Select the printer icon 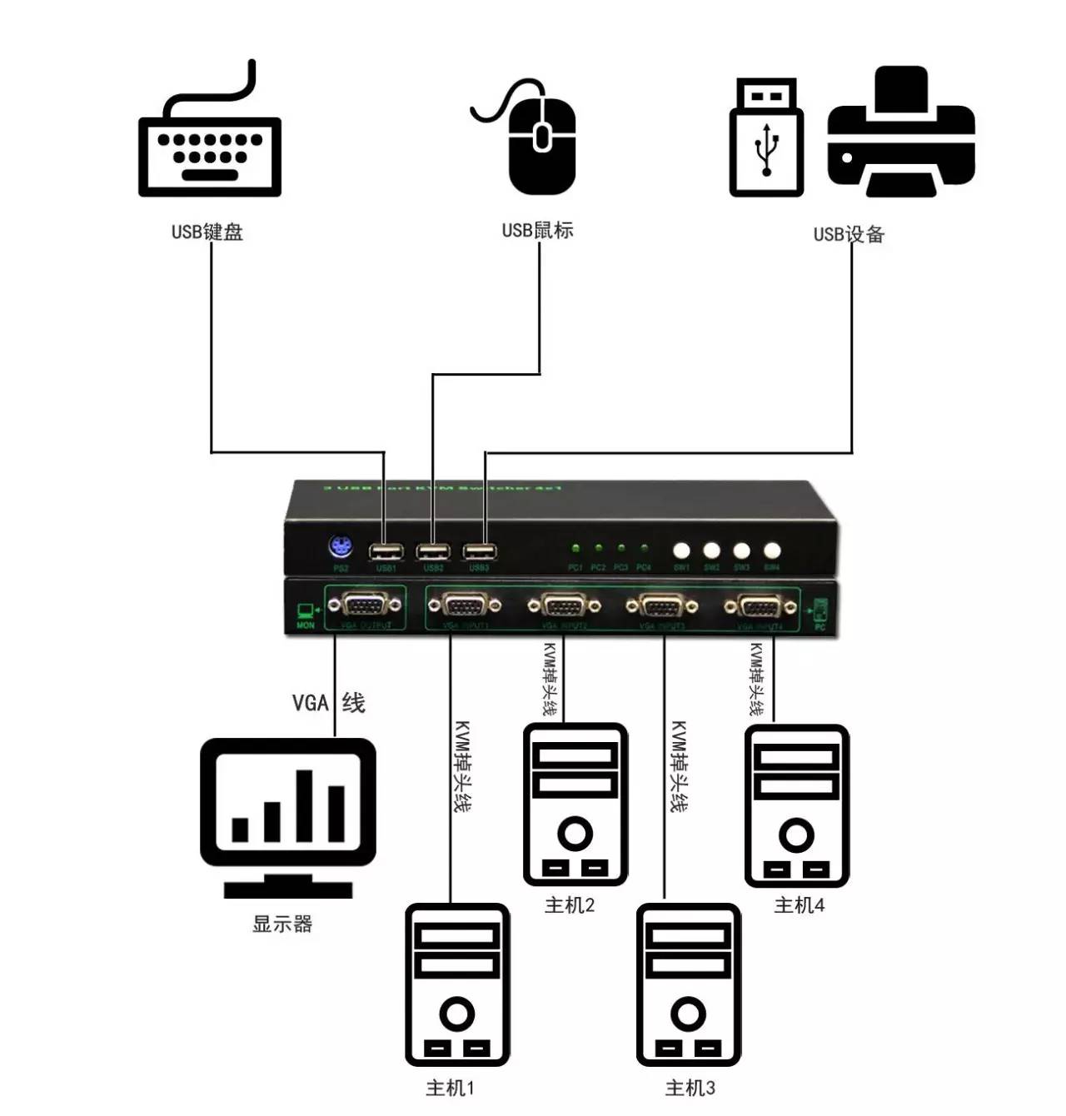pyautogui.click(x=901, y=133)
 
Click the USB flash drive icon pyautogui.click(x=766, y=138)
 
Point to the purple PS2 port pyautogui.click(x=340, y=549)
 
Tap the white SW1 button pyautogui.click(x=681, y=551)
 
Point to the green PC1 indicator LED pyautogui.click(x=575, y=549)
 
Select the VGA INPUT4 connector pyautogui.click(x=760, y=607)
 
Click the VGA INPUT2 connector pyautogui.click(x=564, y=606)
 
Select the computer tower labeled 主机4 pyautogui.click(x=797, y=805)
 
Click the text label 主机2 pyautogui.click(x=570, y=905)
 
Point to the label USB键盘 pyautogui.click(x=207, y=232)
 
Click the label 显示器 pyautogui.click(x=282, y=924)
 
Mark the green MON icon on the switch pyautogui.click(x=306, y=615)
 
